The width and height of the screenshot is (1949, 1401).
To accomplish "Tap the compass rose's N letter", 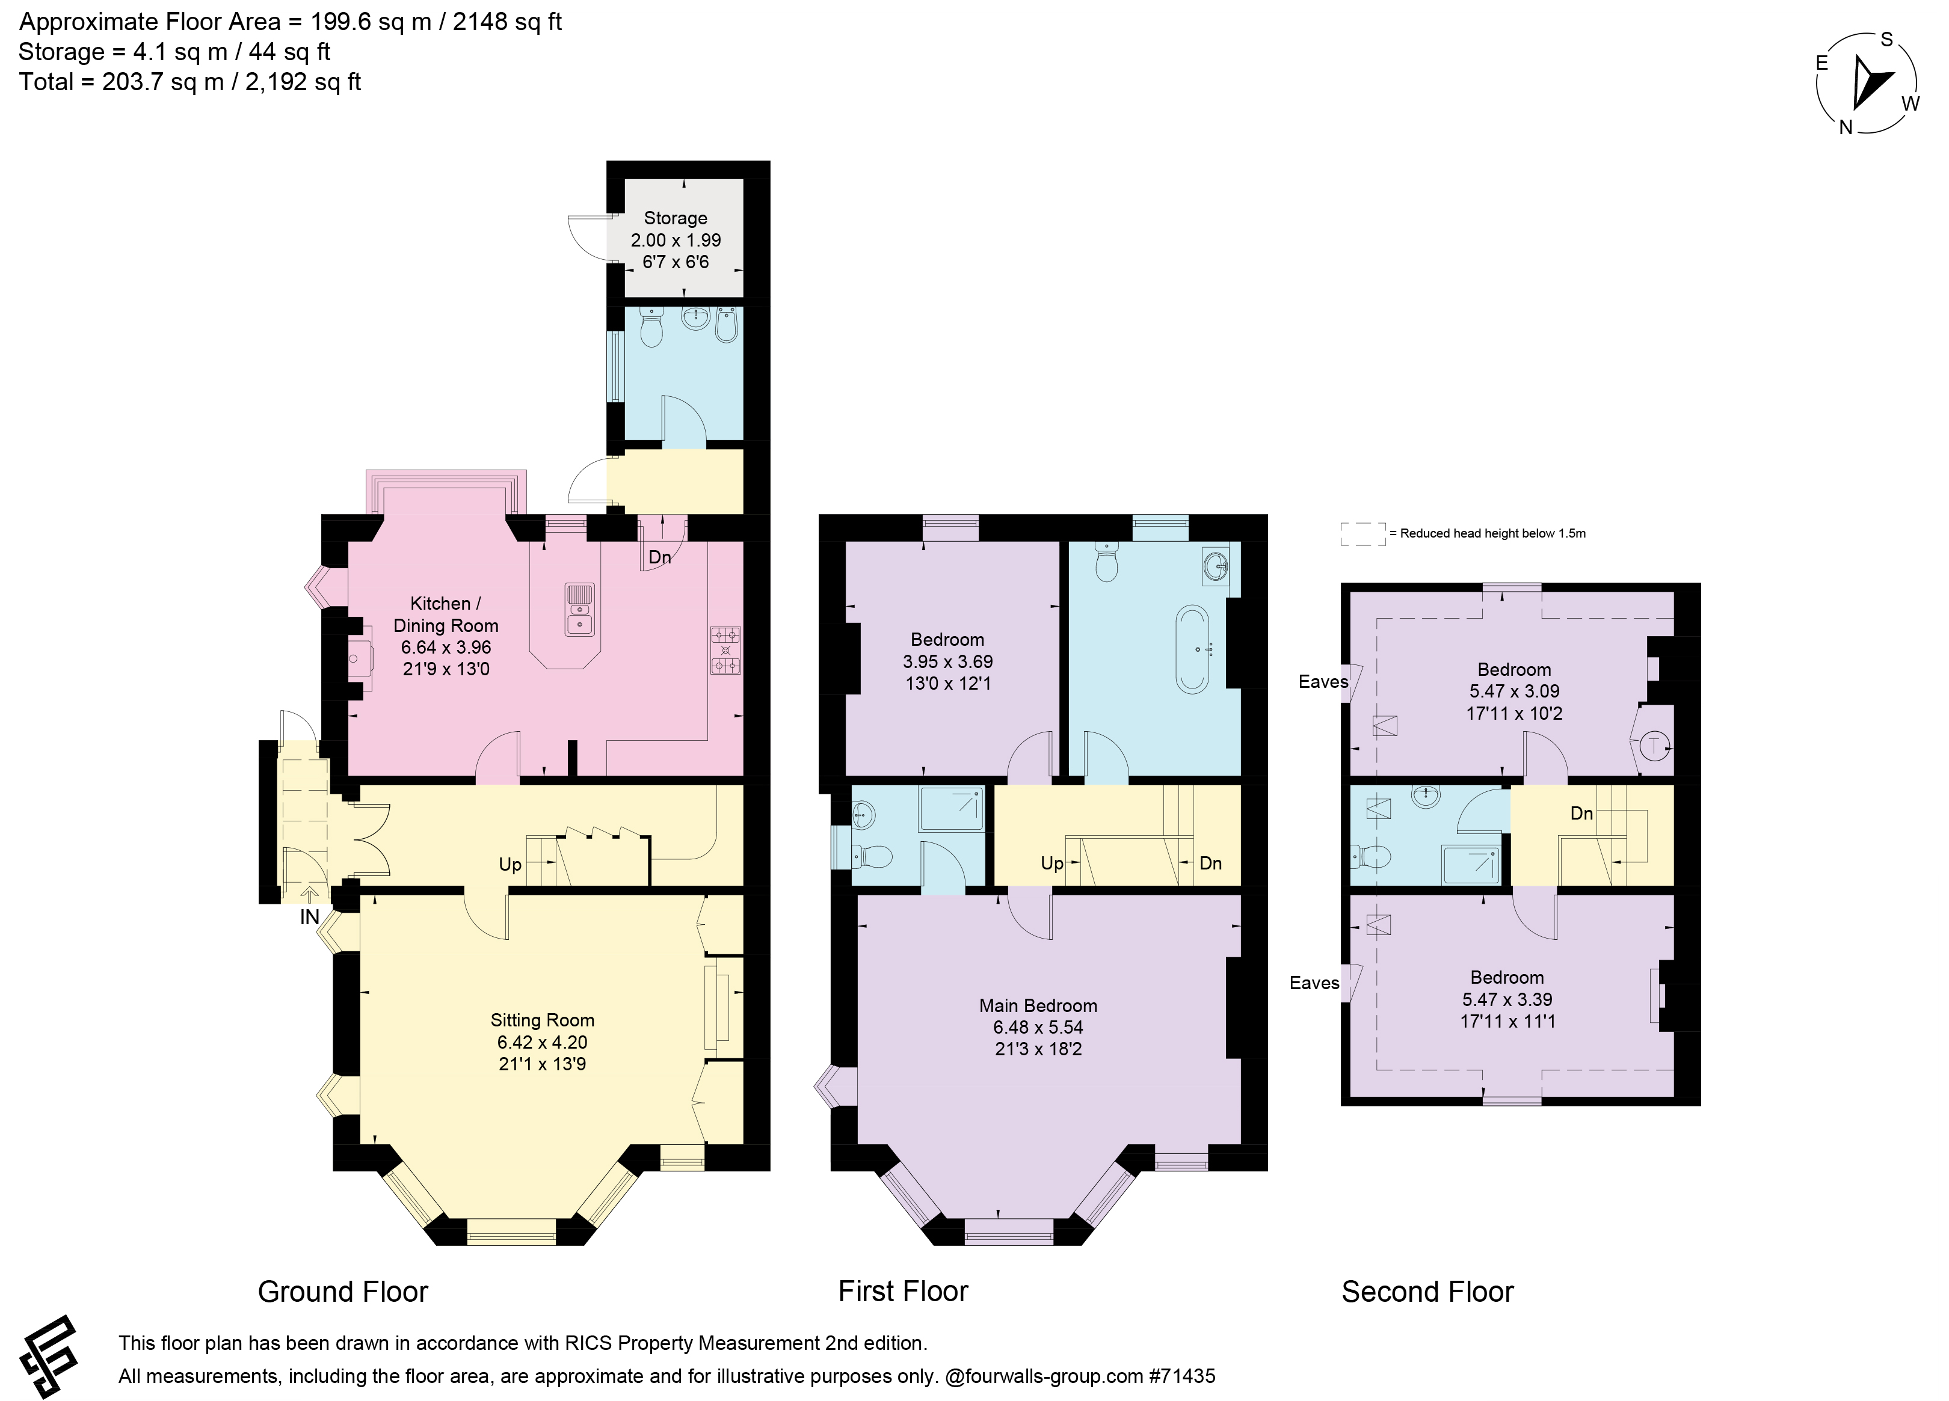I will (x=1845, y=127).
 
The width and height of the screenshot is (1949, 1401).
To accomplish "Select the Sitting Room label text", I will (x=542, y=1020).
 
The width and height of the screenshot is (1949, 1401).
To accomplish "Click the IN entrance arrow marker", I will (x=309, y=896).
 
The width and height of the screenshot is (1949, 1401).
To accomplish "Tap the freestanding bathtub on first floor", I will (x=1192, y=649).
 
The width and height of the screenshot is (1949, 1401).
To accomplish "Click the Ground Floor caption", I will (x=343, y=1292).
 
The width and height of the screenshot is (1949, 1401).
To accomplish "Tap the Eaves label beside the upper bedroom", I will (x=1323, y=682).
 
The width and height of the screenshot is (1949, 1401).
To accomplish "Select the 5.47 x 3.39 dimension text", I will (x=1507, y=999).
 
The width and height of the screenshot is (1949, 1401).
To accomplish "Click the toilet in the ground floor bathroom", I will (x=652, y=329).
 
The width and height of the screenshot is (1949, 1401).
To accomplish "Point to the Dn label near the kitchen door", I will (x=659, y=557).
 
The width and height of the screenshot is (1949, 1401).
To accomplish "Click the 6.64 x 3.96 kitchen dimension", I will (x=445, y=647).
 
